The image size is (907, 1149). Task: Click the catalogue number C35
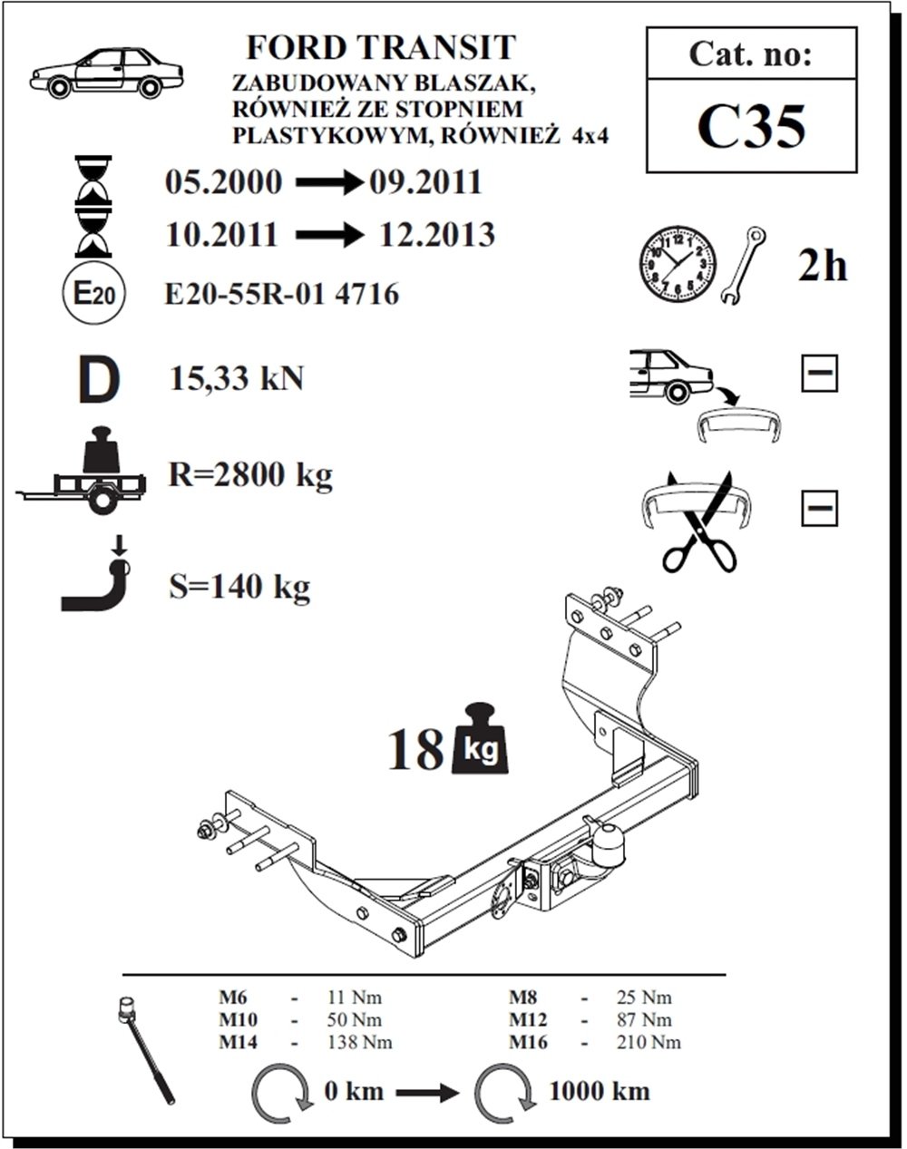[x=751, y=128]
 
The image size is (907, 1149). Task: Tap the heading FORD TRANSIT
[x=381, y=48]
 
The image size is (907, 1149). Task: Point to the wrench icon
[x=746, y=264]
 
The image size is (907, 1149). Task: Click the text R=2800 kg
[x=251, y=474]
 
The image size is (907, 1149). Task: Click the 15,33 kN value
[x=237, y=378]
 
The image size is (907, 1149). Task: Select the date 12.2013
[x=438, y=235]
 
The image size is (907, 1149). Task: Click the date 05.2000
[x=223, y=182]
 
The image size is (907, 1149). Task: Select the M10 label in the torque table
[x=239, y=1019]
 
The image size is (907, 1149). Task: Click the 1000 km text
[x=599, y=1090]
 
